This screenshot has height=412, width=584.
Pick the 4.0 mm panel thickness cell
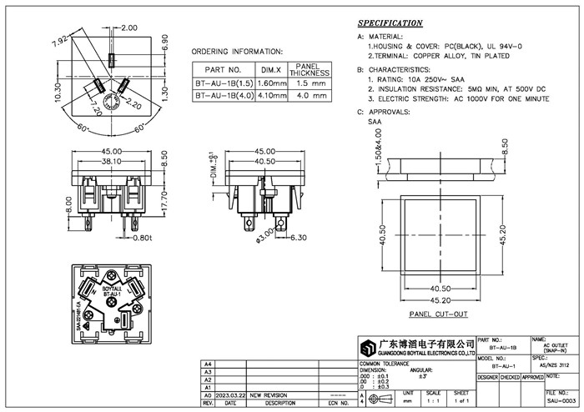pos(310,96)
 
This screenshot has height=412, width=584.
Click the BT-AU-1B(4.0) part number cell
pos(223,96)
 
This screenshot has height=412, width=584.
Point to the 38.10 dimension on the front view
pos(112,162)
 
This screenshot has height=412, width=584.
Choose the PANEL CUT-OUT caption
pos(438,314)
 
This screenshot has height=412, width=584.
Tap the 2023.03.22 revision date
pos(231,395)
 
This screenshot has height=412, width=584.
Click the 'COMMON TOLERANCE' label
pos(381,364)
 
